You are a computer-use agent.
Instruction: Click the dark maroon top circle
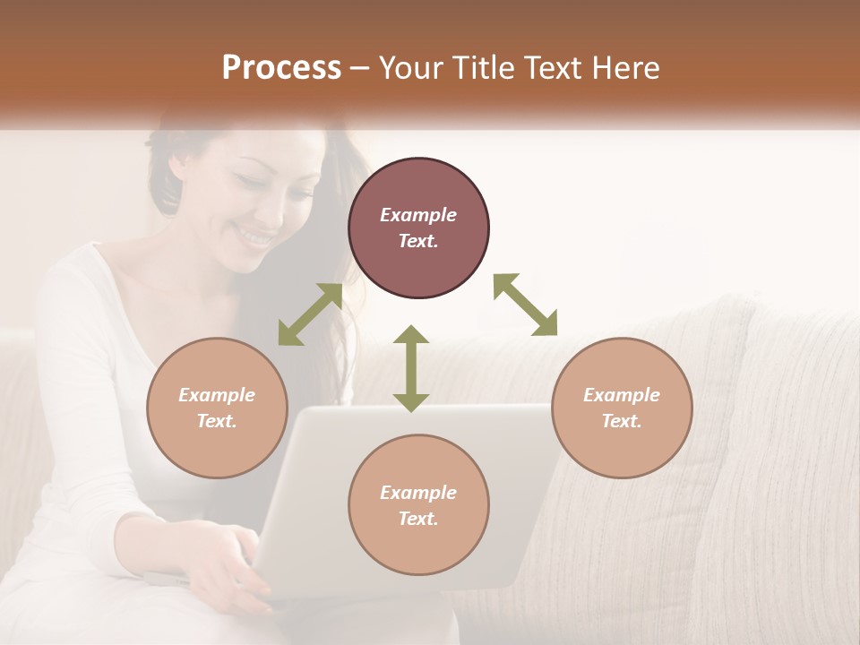tap(418, 228)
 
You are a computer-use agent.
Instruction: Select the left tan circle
tap(217, 408)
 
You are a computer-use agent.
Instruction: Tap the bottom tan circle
tap(418, 505)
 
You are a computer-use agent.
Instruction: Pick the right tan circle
tap(622, 408)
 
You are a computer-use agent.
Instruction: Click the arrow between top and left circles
tap(311, 314)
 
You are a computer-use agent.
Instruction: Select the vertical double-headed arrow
tap(411, 368)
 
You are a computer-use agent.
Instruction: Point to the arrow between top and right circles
tap(526, 305)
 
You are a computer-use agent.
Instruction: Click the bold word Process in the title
tap(281, 68)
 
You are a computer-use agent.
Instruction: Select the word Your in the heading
tap(411, 68)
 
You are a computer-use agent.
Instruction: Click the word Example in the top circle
tap(418, 215)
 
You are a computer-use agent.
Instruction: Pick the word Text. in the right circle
tap(622, 421)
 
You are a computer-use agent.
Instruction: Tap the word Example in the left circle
tap(217, 395)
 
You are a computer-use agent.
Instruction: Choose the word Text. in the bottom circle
tap(418, 519)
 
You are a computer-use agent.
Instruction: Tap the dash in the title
tap(360, 68)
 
